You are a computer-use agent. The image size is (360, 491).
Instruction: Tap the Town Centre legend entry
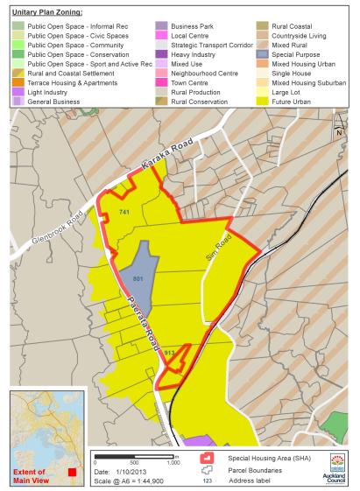coord(177,82)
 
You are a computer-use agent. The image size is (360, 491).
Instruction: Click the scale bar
coord(135,455)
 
